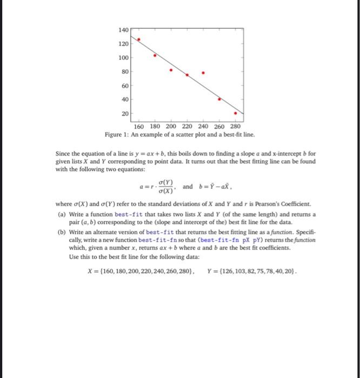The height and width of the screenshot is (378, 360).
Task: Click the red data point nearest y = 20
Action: tap(236, 113)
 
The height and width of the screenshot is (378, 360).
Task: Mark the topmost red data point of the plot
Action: tap(139, 39)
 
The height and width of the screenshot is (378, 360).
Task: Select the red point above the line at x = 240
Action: tap(203, 72)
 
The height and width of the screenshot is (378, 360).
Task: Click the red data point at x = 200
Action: tap(171, 70)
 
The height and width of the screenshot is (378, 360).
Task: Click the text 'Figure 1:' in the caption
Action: tap(118, 134)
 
